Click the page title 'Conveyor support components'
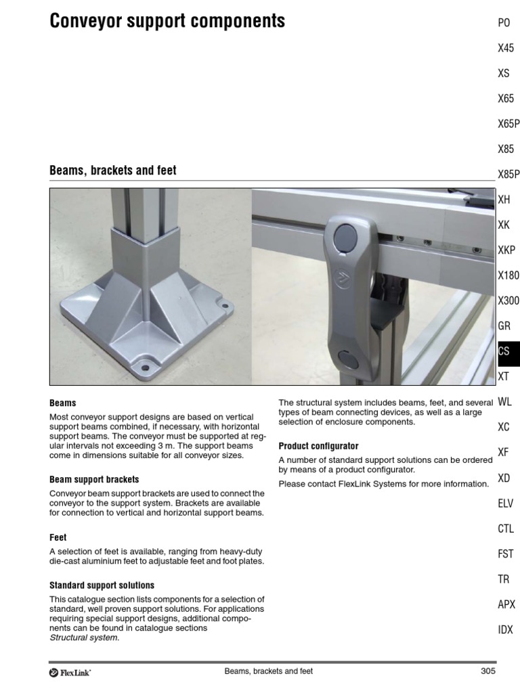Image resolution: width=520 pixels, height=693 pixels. [167, 21]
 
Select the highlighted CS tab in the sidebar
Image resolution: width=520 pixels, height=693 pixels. [504, 351]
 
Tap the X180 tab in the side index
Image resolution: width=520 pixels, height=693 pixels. [508, 275]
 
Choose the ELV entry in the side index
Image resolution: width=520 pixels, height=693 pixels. [505, 504]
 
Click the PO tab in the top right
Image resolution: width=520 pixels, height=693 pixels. [504, 23]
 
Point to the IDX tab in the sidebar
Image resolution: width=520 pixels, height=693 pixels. [505, 629]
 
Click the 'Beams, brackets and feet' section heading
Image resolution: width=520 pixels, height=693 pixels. [112, 171]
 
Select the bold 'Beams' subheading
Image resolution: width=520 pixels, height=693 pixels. [62, 403]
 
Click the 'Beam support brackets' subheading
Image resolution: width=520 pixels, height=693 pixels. [94, 479]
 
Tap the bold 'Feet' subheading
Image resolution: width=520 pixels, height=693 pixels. [58, 537]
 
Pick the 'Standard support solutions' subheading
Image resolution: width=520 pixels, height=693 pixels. [102, 585]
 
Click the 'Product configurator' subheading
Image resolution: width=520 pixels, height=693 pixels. [318, 446]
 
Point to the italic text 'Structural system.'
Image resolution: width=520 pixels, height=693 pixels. [84, 638]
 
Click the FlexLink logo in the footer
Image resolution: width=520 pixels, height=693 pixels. [70, 672]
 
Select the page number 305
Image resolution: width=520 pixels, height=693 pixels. [487, 671]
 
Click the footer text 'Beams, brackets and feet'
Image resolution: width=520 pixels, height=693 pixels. [268, 671]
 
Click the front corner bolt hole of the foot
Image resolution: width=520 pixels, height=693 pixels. [144, 370]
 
